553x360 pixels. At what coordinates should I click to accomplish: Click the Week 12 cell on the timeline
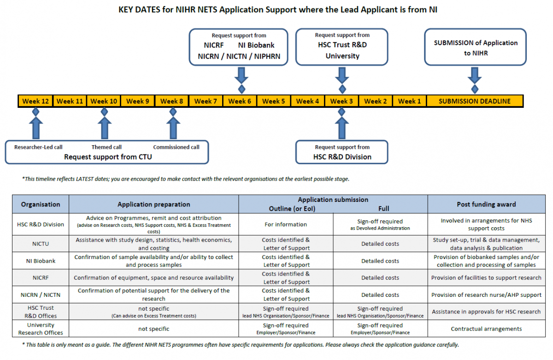35,101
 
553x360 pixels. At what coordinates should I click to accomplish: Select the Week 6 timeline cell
240,101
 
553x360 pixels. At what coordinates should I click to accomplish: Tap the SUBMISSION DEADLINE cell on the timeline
475,101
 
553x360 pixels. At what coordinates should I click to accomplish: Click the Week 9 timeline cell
137,101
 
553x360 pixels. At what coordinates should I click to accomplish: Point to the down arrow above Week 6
241,76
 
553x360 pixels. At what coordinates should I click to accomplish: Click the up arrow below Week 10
105,128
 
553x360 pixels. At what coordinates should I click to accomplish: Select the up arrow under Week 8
173,128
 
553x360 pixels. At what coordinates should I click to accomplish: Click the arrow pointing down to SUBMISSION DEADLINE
475,76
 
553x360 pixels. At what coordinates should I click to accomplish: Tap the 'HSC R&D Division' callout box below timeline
342,152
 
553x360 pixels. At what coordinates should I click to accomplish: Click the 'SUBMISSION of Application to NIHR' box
476,47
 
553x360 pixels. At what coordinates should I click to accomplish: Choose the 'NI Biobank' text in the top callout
256,45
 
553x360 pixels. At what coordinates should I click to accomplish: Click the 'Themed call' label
106,147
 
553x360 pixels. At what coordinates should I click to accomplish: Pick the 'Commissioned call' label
176,147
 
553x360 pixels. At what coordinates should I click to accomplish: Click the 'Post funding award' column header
486,204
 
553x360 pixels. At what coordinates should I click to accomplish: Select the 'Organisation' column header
41,204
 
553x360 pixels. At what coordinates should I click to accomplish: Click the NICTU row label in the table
41,244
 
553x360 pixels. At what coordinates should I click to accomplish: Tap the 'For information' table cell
286,224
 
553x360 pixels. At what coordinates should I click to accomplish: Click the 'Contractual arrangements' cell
486,329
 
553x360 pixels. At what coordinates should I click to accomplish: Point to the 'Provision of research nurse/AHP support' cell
486,295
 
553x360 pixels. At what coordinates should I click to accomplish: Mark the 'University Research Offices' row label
41,329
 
